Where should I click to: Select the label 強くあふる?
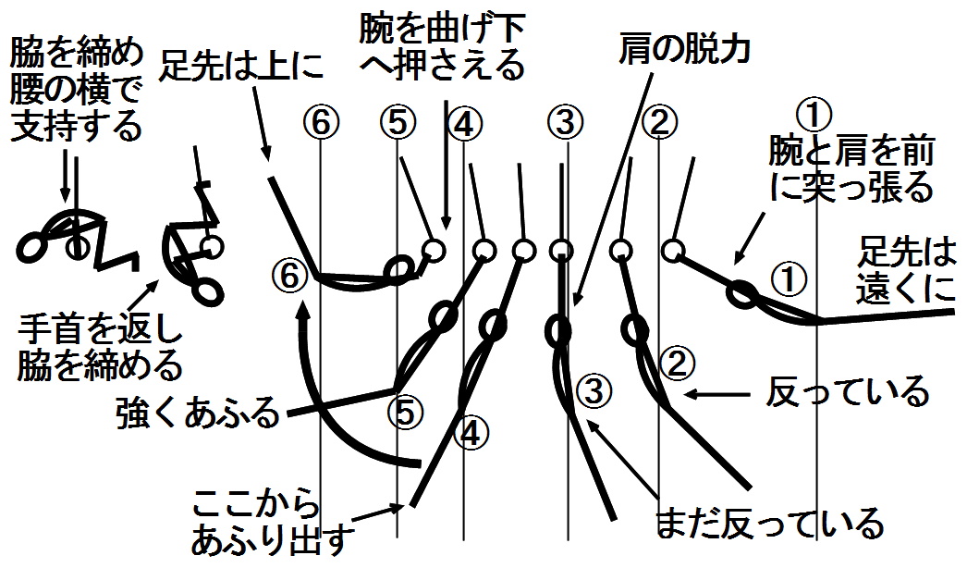[198, 413]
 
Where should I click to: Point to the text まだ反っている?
[768, 525]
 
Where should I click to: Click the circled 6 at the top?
[320, 121]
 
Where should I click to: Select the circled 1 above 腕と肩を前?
[815, 115]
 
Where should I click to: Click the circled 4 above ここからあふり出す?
[471, 432]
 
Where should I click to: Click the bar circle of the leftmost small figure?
[77, 248]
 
